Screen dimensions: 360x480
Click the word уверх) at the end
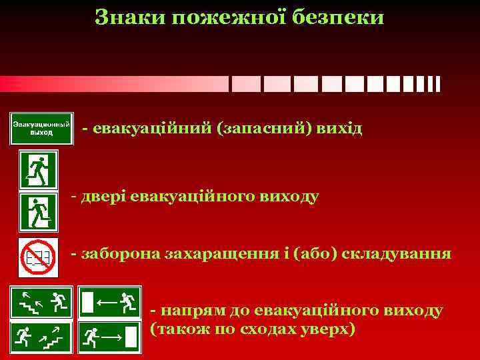pyautogui.click(x=329, y=330)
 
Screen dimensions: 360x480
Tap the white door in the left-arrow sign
pyautogui.click(x=87, y=302)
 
